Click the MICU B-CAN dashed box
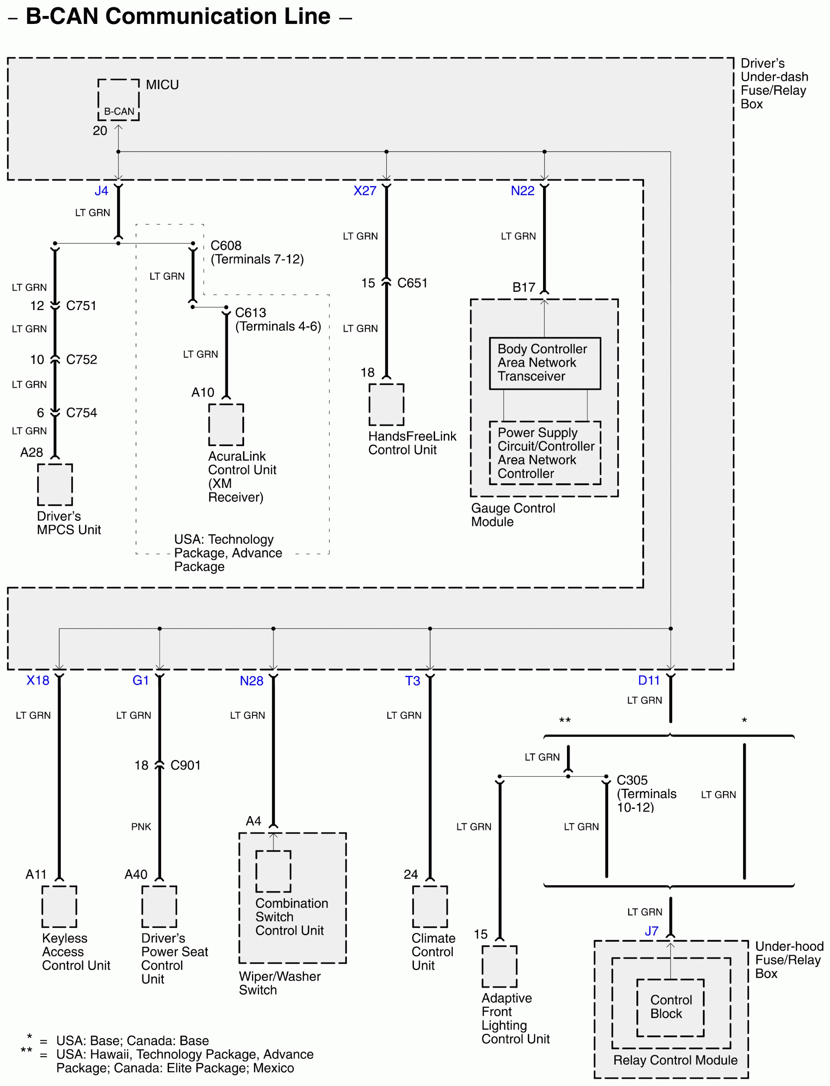[119, 100]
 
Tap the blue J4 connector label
[101, 191]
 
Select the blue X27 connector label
[365, 191]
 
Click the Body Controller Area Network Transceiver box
[544, 363]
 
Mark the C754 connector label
[81, 413]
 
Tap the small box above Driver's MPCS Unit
[55, 485]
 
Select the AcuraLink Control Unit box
[226, 425]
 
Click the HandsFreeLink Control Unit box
[386, 404]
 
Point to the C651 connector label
[412, 283]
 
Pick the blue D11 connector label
[648, 680]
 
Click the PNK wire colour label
[141, 826]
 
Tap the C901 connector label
[185, 765]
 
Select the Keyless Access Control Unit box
[59, 907]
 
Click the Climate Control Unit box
[430, 907]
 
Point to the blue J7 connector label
[651, 931]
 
